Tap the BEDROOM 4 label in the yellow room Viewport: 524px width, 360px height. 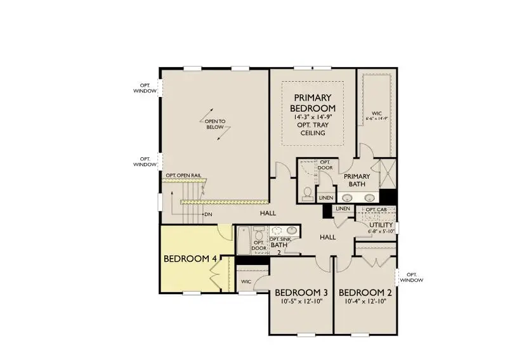(x=186, y=259)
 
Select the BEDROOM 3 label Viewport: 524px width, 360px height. (x=301, y=292)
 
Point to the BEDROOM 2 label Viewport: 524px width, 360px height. (x=365, y=292)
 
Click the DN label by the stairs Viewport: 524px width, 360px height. (x=208, y=215)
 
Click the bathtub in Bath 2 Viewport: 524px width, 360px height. (x=244, y=241)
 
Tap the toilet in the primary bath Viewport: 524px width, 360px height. (x=307, y=192)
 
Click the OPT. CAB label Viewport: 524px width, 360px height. (x=376, y=209)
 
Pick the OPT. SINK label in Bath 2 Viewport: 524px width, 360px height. (x=280, y=239)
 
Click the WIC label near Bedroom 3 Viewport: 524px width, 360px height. (x=246, y=282)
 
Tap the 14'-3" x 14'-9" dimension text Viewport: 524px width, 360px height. (x=311, y=117)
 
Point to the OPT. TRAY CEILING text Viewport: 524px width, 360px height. (x=311, y=129)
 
